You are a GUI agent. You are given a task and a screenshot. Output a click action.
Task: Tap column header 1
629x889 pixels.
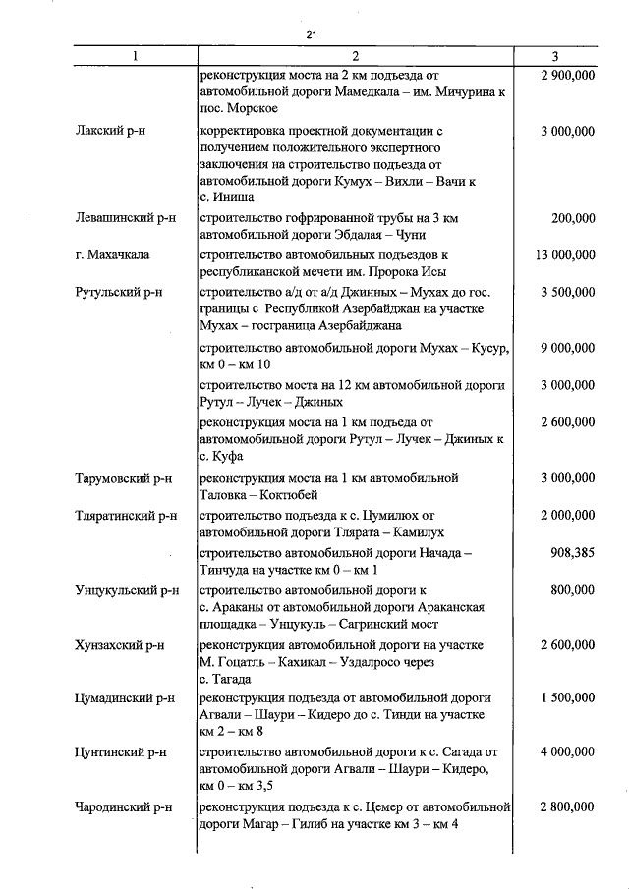coord(135,57)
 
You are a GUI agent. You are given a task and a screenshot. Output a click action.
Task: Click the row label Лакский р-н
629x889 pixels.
coord(108,131)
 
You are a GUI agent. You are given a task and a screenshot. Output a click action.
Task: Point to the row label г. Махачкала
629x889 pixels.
coord(112,255)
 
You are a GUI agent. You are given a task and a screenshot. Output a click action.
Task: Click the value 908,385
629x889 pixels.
coord(572,554)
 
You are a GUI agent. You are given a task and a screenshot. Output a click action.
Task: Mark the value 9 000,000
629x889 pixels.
coord(567,348)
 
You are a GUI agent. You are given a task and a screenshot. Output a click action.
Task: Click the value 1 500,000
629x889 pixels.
coord(567,698)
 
